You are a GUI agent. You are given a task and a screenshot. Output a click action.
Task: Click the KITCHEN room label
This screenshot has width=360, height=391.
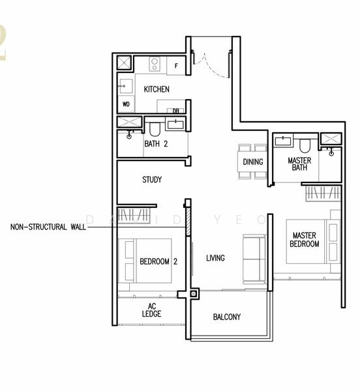pyautogui.click(x=157, y=89)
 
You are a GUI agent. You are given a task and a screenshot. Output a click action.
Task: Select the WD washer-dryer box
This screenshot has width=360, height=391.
pyautogui.click(x=125, y=104)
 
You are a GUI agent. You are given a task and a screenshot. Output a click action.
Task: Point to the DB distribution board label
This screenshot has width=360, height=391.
pyautogui.click(x=175, y=111)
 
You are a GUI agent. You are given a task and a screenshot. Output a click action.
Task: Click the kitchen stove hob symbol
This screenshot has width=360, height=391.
pyautogui.click(x=156, y=64)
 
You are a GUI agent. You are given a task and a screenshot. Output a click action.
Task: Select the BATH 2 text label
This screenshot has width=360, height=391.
pyautogui.click(x=157, y=143)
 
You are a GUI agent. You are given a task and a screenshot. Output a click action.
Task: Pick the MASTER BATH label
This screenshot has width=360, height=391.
pyautogui.click(x=299, y=164)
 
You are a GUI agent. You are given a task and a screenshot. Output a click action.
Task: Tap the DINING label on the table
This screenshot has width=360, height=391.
pyautogui.click(x=252, y=162)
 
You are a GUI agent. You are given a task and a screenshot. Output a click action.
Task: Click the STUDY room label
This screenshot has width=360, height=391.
pyautogui.click(x=151, y=180)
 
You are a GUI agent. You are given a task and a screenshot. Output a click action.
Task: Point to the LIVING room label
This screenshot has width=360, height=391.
pyautogui.click(x=215, y=258)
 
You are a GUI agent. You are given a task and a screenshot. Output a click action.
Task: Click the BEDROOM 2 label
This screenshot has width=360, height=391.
pyautogui.click(x=158, y=261)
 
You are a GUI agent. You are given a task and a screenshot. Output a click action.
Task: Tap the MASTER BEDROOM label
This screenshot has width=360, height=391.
pyautogui.click(x=305, y=239)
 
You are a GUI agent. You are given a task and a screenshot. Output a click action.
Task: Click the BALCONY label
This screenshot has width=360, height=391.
pyautogui.click(x=227, y=317)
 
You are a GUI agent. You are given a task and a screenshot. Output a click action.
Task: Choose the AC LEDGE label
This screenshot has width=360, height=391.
pyautogui.click(x=151, y=310)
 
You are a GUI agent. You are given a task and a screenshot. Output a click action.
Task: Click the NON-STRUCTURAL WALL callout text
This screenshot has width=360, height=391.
pyautogui.click(x=48, y=227)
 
